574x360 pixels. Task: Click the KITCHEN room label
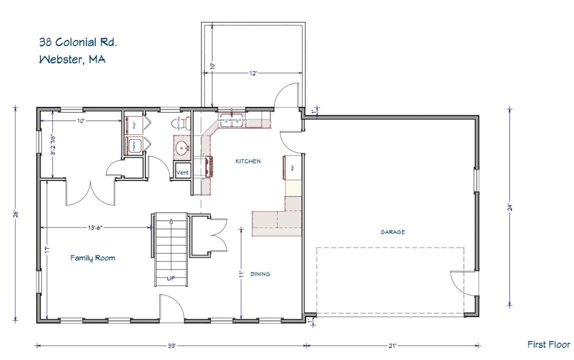(x=248, y=161)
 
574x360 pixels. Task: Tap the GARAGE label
(x=392, y=232)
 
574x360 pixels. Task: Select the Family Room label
(x=92, y=258)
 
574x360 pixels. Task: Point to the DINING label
(x=260, y=274)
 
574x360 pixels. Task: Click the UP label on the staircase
(x=171, y=278)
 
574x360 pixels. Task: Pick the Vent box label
(x=182, y=172)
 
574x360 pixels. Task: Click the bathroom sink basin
(x=182, y=147)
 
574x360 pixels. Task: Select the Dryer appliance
(x=133, y=124)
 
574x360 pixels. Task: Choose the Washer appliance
(x=133, y=145)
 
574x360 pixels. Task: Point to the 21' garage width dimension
(x=392, y=345)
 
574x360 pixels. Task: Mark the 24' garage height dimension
(x=509, y=206)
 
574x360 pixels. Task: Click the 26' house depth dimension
(x=15, y=214)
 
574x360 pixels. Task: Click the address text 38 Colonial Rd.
(x=78, y=42)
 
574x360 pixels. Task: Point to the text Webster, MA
(x=72, y=59)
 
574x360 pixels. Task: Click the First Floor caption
(x=548, y=344)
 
